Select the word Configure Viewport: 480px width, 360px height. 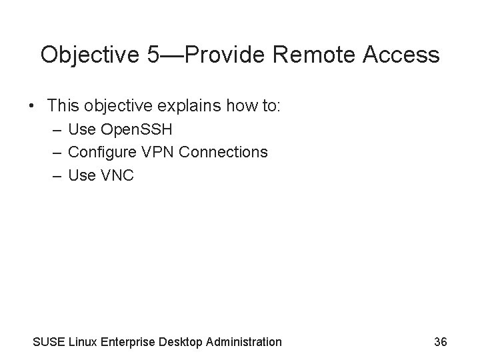(104, 152)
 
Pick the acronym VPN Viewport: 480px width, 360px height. (157, 152)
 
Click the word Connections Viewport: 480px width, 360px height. (223, 152)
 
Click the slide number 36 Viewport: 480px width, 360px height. (440, 342)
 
